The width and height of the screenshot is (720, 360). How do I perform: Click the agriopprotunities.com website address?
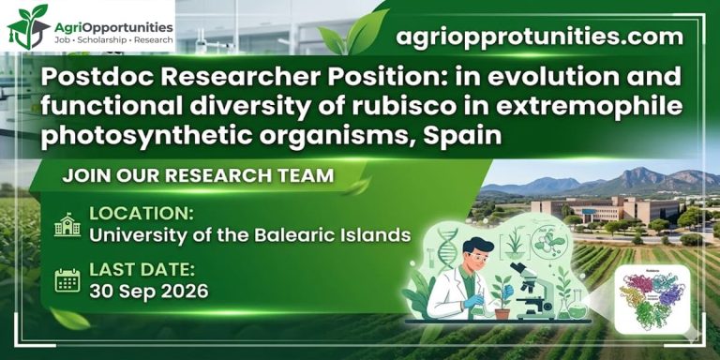click(x=539, y=37)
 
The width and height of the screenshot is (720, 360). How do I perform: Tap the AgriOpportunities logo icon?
click(x=25, y=26)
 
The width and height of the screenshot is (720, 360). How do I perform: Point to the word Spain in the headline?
click(x=462, y=136)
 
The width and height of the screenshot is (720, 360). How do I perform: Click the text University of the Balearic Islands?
click(x=250, y=234)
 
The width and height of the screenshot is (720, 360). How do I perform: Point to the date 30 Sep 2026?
click(x=149, y=291)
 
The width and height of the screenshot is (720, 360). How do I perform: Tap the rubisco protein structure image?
click(x=652, y=300)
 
